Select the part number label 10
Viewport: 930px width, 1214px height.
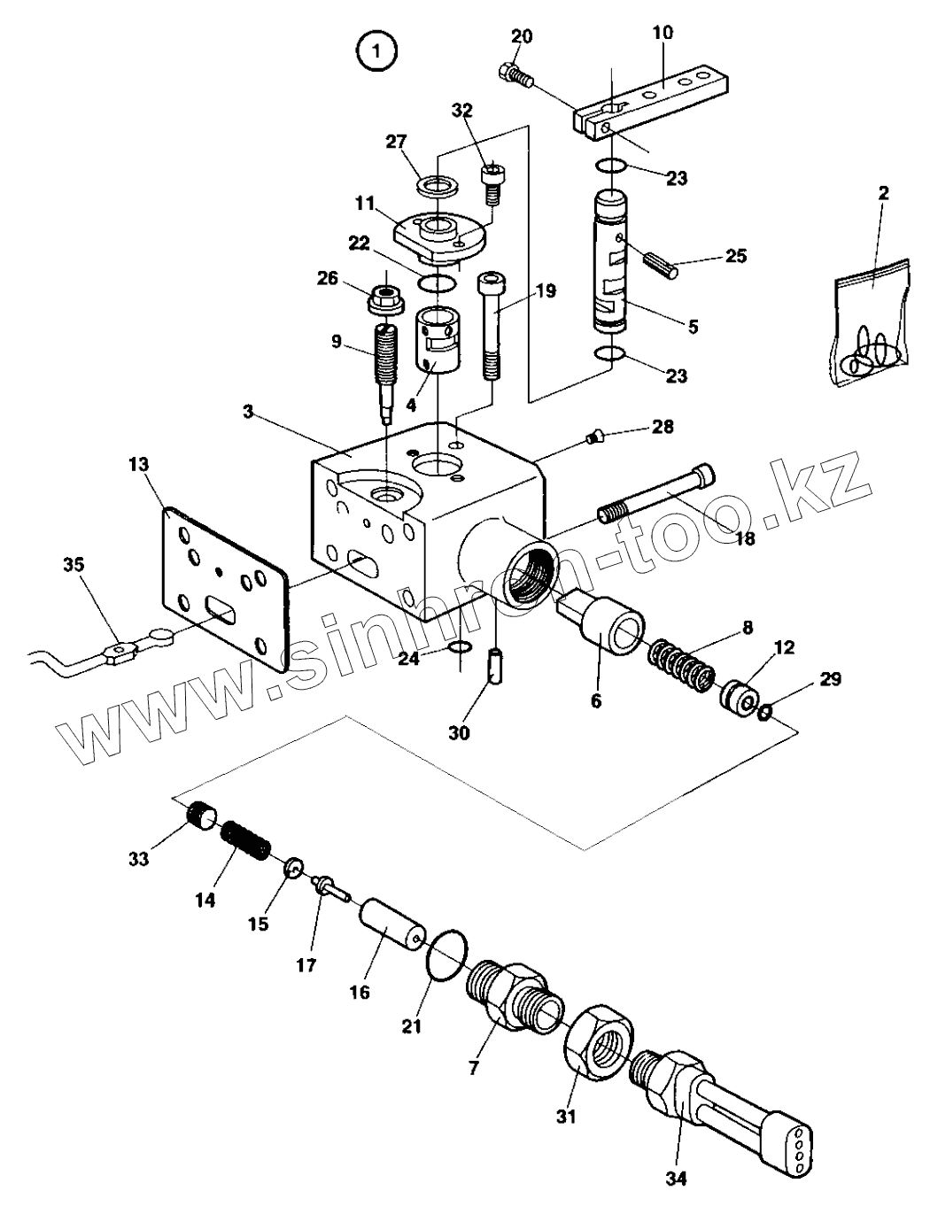coord(663,33)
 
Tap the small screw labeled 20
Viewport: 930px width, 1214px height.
coord(515,74)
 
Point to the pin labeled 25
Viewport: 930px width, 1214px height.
coord(661,263)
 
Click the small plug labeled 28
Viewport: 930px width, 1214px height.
coord(593,436)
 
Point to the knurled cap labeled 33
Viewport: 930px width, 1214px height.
coord(203,815)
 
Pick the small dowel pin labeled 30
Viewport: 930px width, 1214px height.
coord(495,666)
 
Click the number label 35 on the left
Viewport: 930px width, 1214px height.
coord(74,564)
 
